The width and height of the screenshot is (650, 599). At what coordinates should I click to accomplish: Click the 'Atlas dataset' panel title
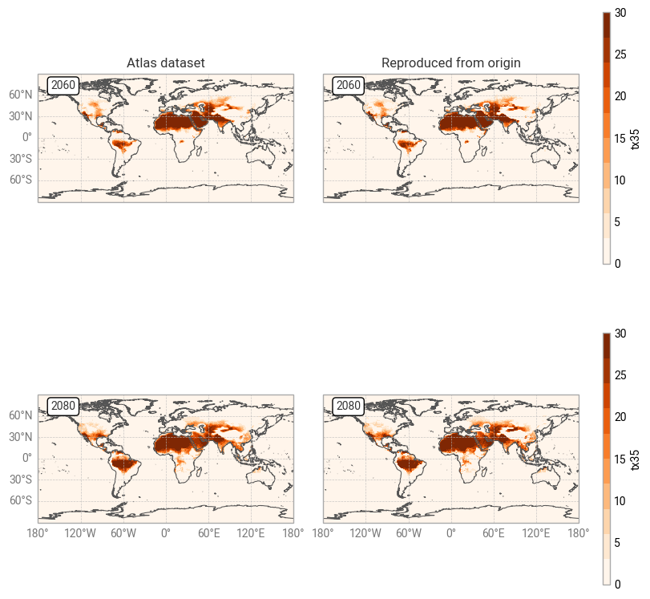click(166, 63)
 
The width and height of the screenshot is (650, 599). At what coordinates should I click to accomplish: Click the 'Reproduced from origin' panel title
click(451, 63)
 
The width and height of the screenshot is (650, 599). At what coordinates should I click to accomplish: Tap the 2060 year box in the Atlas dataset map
click(63, 85)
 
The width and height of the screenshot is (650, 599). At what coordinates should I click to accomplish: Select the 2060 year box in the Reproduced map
click(349, 85)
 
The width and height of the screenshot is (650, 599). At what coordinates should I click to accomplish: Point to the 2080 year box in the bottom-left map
click(63, 406)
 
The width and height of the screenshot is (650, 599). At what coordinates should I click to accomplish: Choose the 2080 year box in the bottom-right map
click(349, 406)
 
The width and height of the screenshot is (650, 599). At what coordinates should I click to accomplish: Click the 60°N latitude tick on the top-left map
click(21, 95)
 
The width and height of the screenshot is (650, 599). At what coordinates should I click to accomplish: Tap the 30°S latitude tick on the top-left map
click(21, 158)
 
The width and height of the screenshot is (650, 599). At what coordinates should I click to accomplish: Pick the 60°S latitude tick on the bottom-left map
click(21, 500)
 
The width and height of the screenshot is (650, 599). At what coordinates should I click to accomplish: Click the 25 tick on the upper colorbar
click(620, 55)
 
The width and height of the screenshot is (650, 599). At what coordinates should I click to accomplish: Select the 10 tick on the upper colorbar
click(620, 180)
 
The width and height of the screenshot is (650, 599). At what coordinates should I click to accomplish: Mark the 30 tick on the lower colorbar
click(620, 334)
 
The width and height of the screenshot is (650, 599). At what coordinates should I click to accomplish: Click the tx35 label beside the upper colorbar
click(636, 138)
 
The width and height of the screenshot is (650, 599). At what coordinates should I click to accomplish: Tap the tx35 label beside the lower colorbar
click(636, 459)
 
